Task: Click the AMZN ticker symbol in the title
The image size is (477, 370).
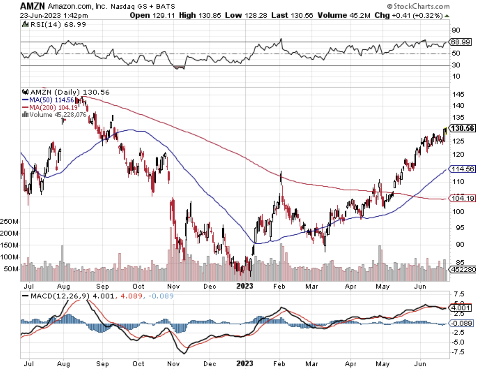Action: pyautogui.click(x=32, y=6)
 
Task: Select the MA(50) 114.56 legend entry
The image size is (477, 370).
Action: pyautogui.click(x=48, y=100)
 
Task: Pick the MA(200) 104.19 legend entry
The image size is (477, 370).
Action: pyautogui.click(x=50, y=108)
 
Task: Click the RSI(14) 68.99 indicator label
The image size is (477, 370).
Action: pyautogui.click(x=54, y=24)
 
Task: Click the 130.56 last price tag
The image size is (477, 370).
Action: pyautogui.click(x=463, y=128)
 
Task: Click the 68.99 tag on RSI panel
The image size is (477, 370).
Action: pyautogui.click(x=461, y=42)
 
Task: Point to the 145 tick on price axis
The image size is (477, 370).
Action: pyautogui.click(x=458, y=94)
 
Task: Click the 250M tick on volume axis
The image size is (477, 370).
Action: pyautogui.click(x=9, y=221)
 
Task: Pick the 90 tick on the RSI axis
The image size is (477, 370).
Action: pyautogui.click(x=456, y=30)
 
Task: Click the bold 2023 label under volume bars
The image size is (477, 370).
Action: pyautogui.click(x=245, y=286)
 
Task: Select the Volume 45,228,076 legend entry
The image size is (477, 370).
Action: pyautogui.click(x=54, y=115)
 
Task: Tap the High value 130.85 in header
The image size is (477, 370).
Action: pyautogui.click(x=209, y=15)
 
